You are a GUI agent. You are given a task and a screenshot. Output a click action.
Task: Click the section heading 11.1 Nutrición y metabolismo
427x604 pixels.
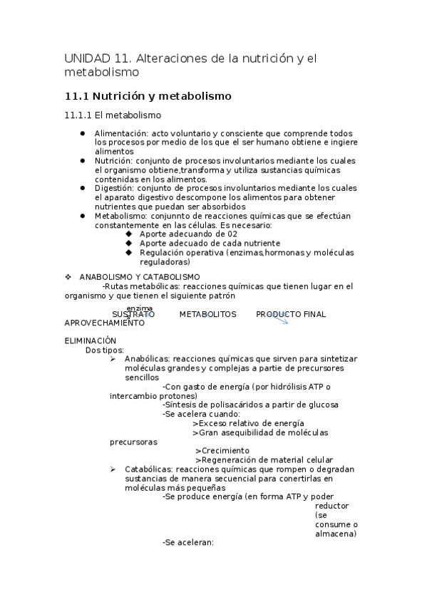tap(148, 95)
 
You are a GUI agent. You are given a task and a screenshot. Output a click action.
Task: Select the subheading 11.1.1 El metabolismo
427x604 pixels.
tap(113, 115)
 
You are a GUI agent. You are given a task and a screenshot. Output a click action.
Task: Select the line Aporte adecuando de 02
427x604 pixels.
tap(188, 234)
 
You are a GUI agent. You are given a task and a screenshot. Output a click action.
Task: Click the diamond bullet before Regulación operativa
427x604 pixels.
tap(128, 252)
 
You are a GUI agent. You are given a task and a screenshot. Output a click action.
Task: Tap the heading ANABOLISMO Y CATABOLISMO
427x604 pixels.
tap(139, 276)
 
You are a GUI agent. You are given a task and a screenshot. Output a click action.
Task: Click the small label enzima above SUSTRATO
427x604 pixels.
tap(140, 308)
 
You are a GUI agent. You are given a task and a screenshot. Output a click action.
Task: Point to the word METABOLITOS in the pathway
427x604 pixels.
tap(207, 314)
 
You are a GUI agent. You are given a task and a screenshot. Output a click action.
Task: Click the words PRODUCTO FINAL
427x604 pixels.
tap(291, 314)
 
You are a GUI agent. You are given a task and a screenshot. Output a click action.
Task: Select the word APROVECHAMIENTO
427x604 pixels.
tap(104, 323)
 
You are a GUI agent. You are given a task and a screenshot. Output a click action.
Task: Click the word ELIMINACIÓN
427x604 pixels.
tap(90, 341)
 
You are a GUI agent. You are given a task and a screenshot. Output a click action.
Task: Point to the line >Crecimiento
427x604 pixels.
tap(222, 451)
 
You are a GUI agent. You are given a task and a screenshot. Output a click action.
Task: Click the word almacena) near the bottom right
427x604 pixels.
tap(336, 533)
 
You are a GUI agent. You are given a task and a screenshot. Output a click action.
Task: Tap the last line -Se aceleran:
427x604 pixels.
tap(188, 543)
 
